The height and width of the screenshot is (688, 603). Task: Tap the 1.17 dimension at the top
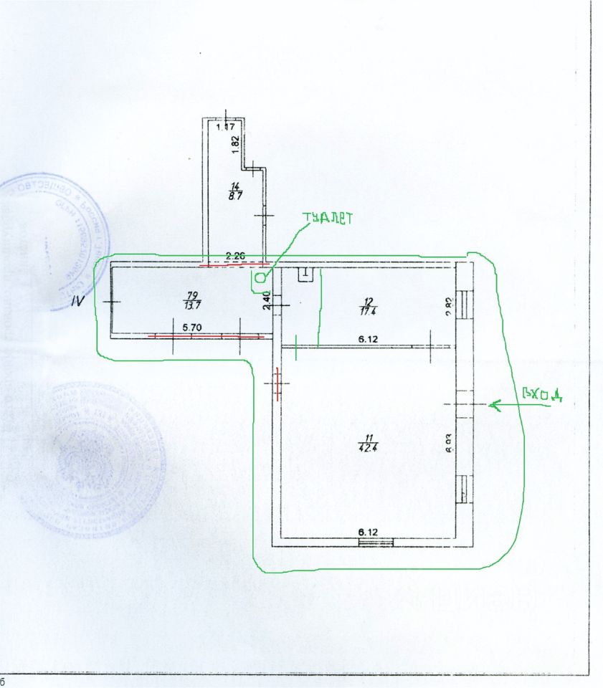pos(227,128)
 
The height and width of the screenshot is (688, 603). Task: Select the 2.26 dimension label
pos(236,254)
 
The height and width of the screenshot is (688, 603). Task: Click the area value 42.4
pos(369,449)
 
